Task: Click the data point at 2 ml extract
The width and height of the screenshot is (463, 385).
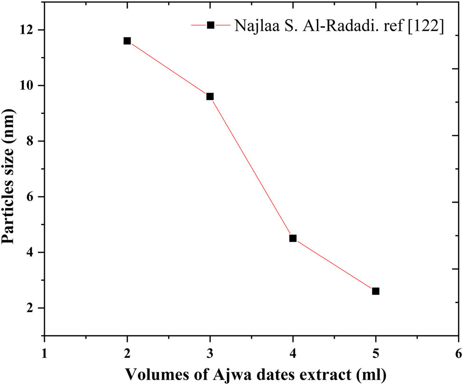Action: click(x=127, y=41)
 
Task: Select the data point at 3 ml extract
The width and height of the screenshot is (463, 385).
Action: click(x=210, y=96)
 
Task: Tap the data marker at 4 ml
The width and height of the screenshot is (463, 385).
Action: click(x=293, y=238)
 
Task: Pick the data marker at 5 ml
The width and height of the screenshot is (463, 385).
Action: click(x=376, y=291)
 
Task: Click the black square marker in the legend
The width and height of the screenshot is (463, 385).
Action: click(x=210, y=25)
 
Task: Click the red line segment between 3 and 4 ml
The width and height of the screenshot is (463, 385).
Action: click(x=251, y=167)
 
